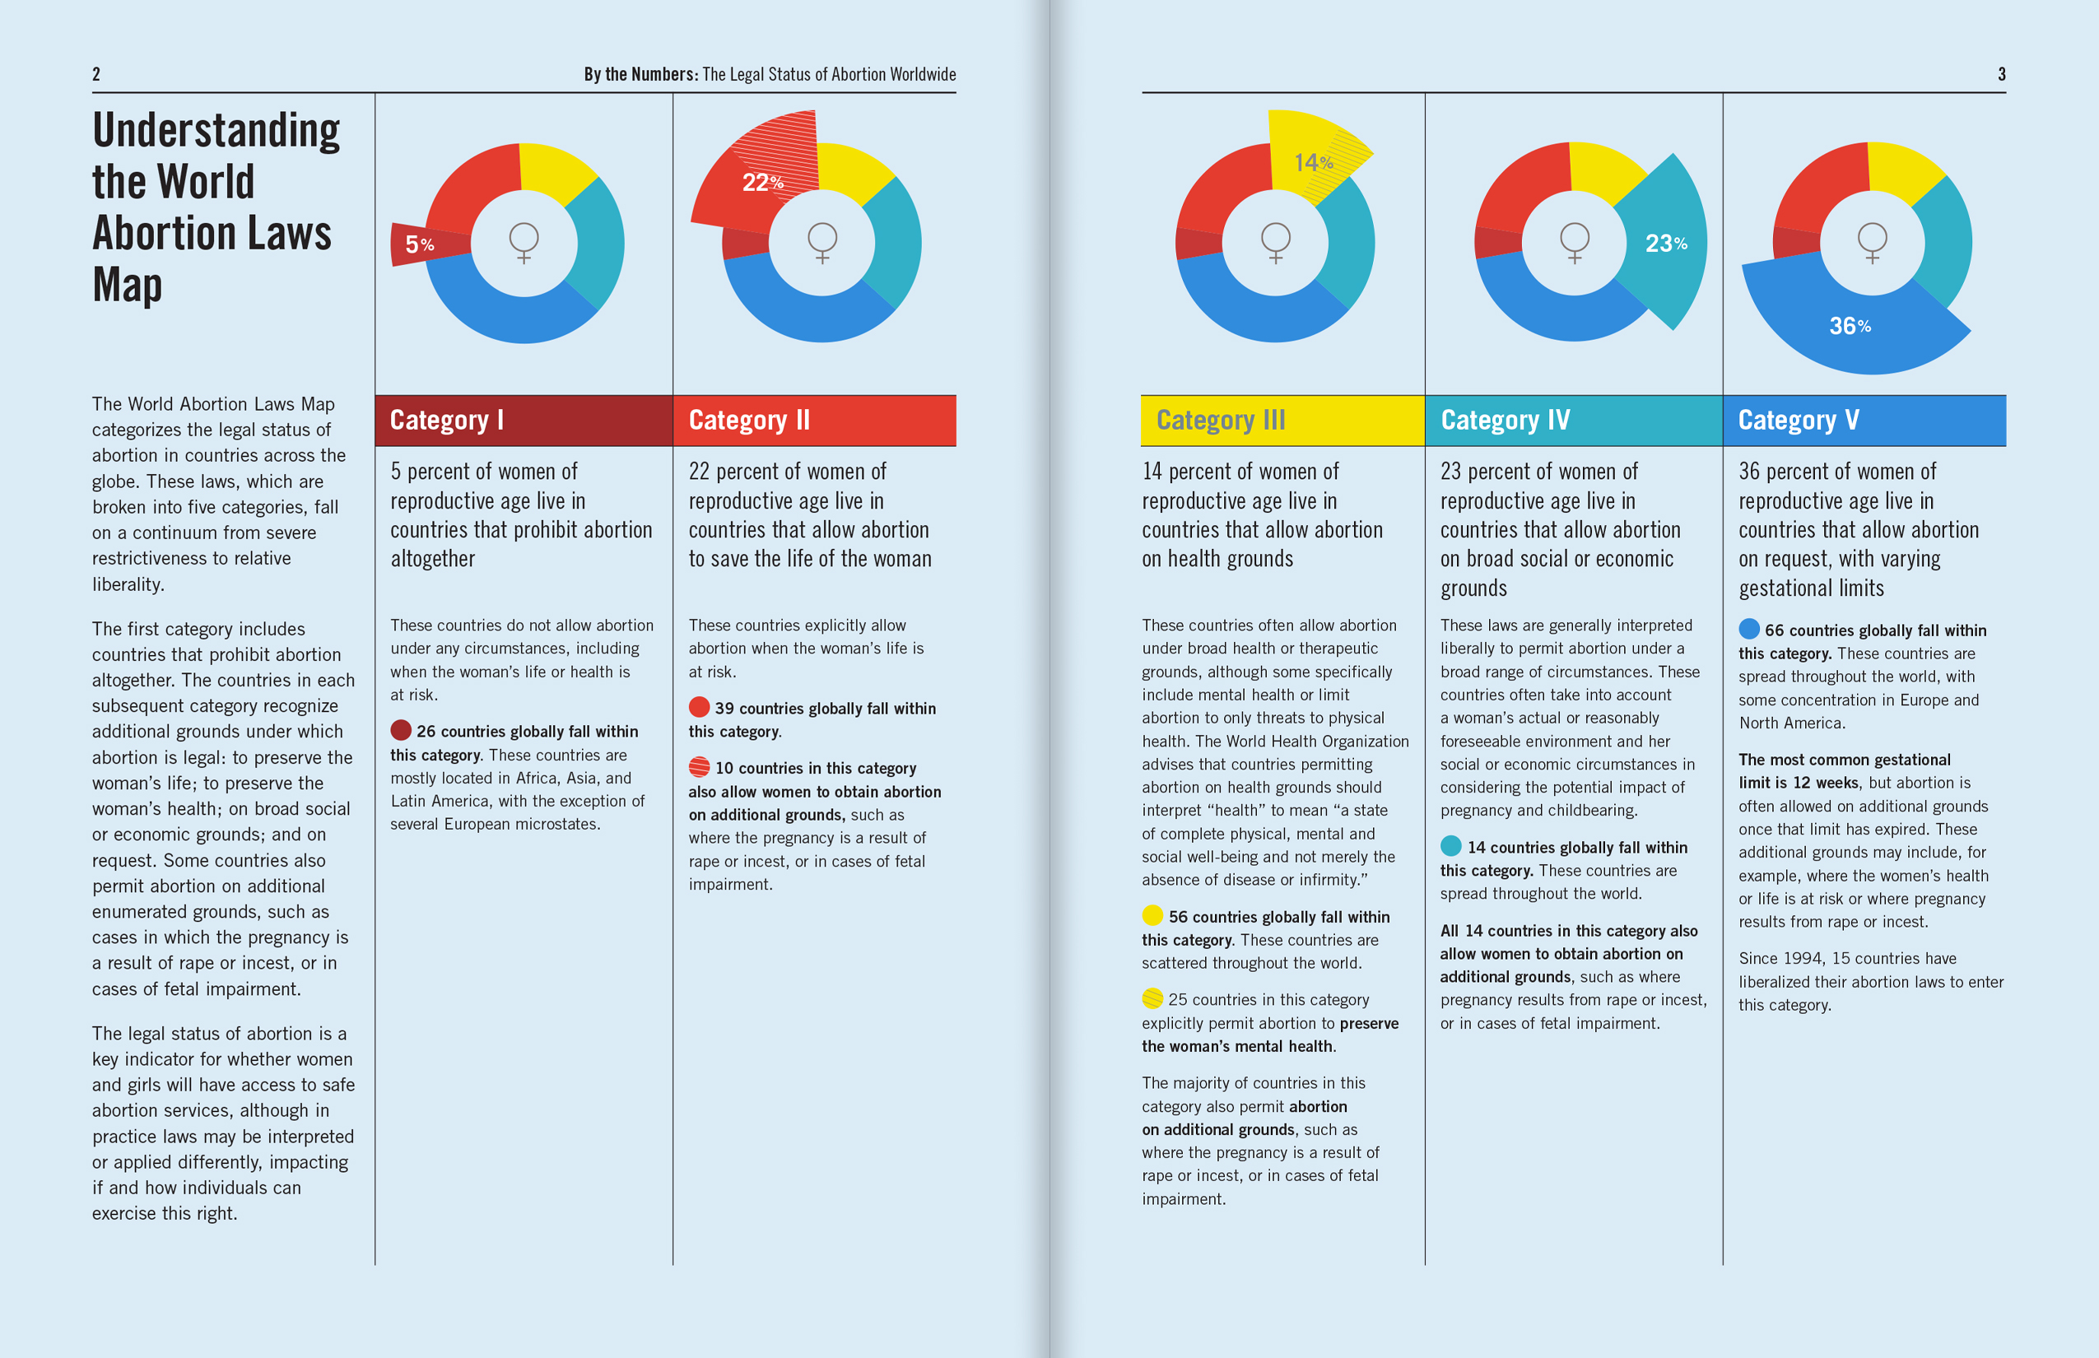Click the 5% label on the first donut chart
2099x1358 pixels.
tap(420, 244)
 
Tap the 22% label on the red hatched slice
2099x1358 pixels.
tap(763, 182)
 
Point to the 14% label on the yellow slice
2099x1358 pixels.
tap(1314, 162)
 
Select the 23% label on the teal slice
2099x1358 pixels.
tap(1666, 244)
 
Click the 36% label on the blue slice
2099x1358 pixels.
tap(1850, 326)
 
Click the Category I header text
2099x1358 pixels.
tap(447, 421)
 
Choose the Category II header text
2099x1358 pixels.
tap(750, 421)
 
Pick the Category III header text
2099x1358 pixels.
tap(1222, 421)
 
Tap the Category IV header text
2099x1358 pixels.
tap(1506, 421)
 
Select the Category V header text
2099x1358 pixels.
tap(1799, 421)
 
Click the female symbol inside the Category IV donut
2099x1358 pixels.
tap(1574, 243)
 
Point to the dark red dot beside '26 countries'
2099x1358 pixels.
tap(402, 730)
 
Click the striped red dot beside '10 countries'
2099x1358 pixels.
tap(700, 766)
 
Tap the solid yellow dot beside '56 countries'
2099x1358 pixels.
tap(1152, 915)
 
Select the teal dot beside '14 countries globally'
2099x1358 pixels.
tap(1450, 846)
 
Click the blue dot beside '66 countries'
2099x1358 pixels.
tap(1749, 629)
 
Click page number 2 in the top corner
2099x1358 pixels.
tap(96, 74)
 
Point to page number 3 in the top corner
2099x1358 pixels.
tap(2001, 74)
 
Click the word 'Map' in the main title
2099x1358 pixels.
tap(128, 285)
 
